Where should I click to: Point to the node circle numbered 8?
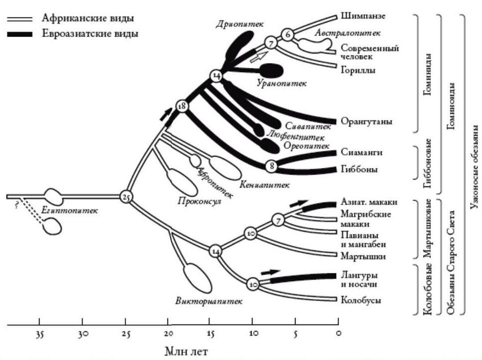[270, 165]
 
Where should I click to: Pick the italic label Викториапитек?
[209, 301]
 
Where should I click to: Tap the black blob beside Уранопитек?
[272, 70]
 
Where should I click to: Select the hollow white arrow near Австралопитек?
[256, 57]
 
